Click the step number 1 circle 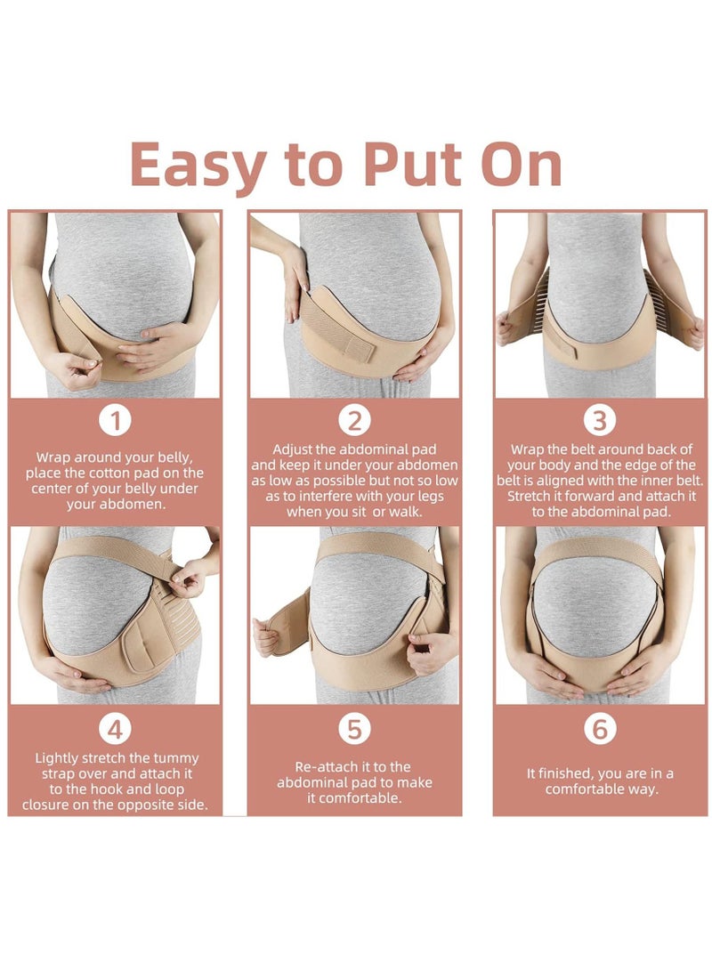click(x=116, y=420)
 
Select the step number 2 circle click(x=354, y=420)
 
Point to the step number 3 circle click(x=600, y=420)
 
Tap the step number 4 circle click(x=116, y=730)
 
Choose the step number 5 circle click(x=354, y=730)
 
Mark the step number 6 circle click(x=600, y=730)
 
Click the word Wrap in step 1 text click(x=55, y=457)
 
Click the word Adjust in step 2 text click(x=295, y=449)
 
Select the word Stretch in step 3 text click(x=532, y=496)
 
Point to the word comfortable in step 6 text click(x=602, y=789)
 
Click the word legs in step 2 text click(x=425, y=496)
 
